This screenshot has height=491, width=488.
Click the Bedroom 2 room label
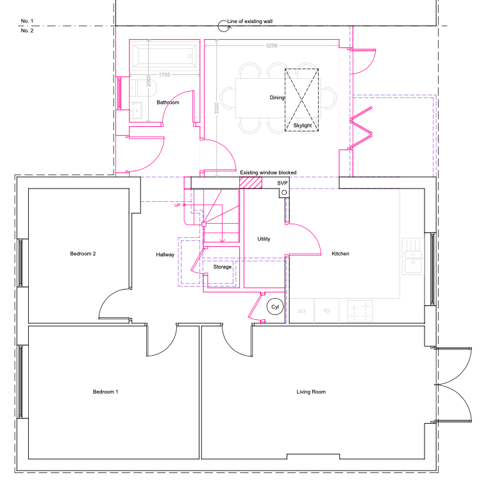[83, 254]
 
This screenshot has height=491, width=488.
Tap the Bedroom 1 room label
[106, 392]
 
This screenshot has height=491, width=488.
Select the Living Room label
[311, 392]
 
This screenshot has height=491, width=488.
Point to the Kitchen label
[341, 254]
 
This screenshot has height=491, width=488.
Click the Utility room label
[264, 239]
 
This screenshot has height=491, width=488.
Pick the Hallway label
[165, 254]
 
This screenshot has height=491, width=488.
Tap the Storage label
[223, 267]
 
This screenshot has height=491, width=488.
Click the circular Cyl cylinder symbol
[275, 307]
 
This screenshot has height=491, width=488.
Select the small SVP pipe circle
[284, 192]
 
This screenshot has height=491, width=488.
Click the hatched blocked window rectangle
[251, 183]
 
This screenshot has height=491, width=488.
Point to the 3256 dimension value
[271, 46]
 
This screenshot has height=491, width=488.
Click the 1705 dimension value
[164, 75]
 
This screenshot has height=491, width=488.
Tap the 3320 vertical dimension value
[217, 108]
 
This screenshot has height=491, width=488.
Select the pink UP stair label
[177, 205]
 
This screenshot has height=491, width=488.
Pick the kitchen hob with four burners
[360, 311]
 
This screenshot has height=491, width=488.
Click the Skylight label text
[303, 126]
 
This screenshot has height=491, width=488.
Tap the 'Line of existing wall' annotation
[250, 21]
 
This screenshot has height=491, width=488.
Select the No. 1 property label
[27, 21]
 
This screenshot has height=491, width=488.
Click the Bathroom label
[168, 103]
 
